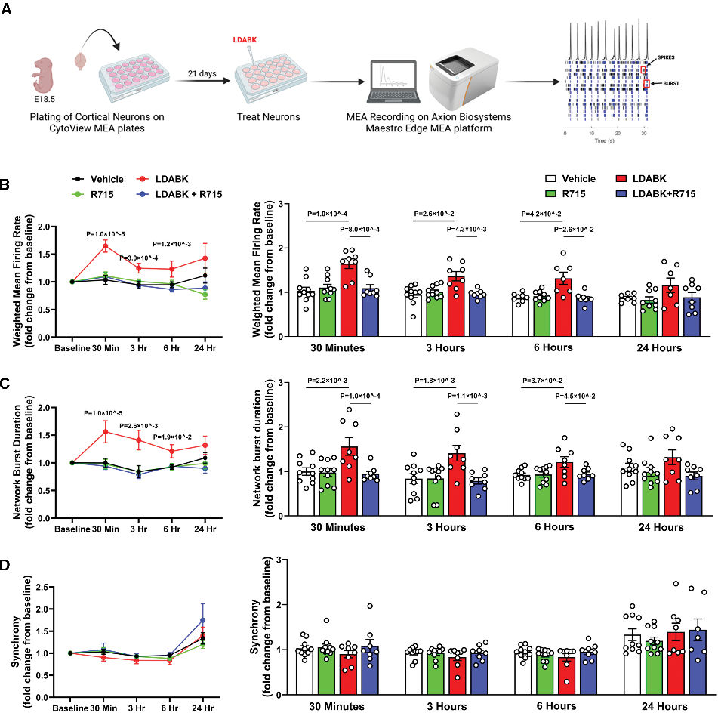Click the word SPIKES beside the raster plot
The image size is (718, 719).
[667, 57]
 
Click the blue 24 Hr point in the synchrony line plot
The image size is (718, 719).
[202, 620]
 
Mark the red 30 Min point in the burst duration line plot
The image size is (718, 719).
[106, 431]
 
